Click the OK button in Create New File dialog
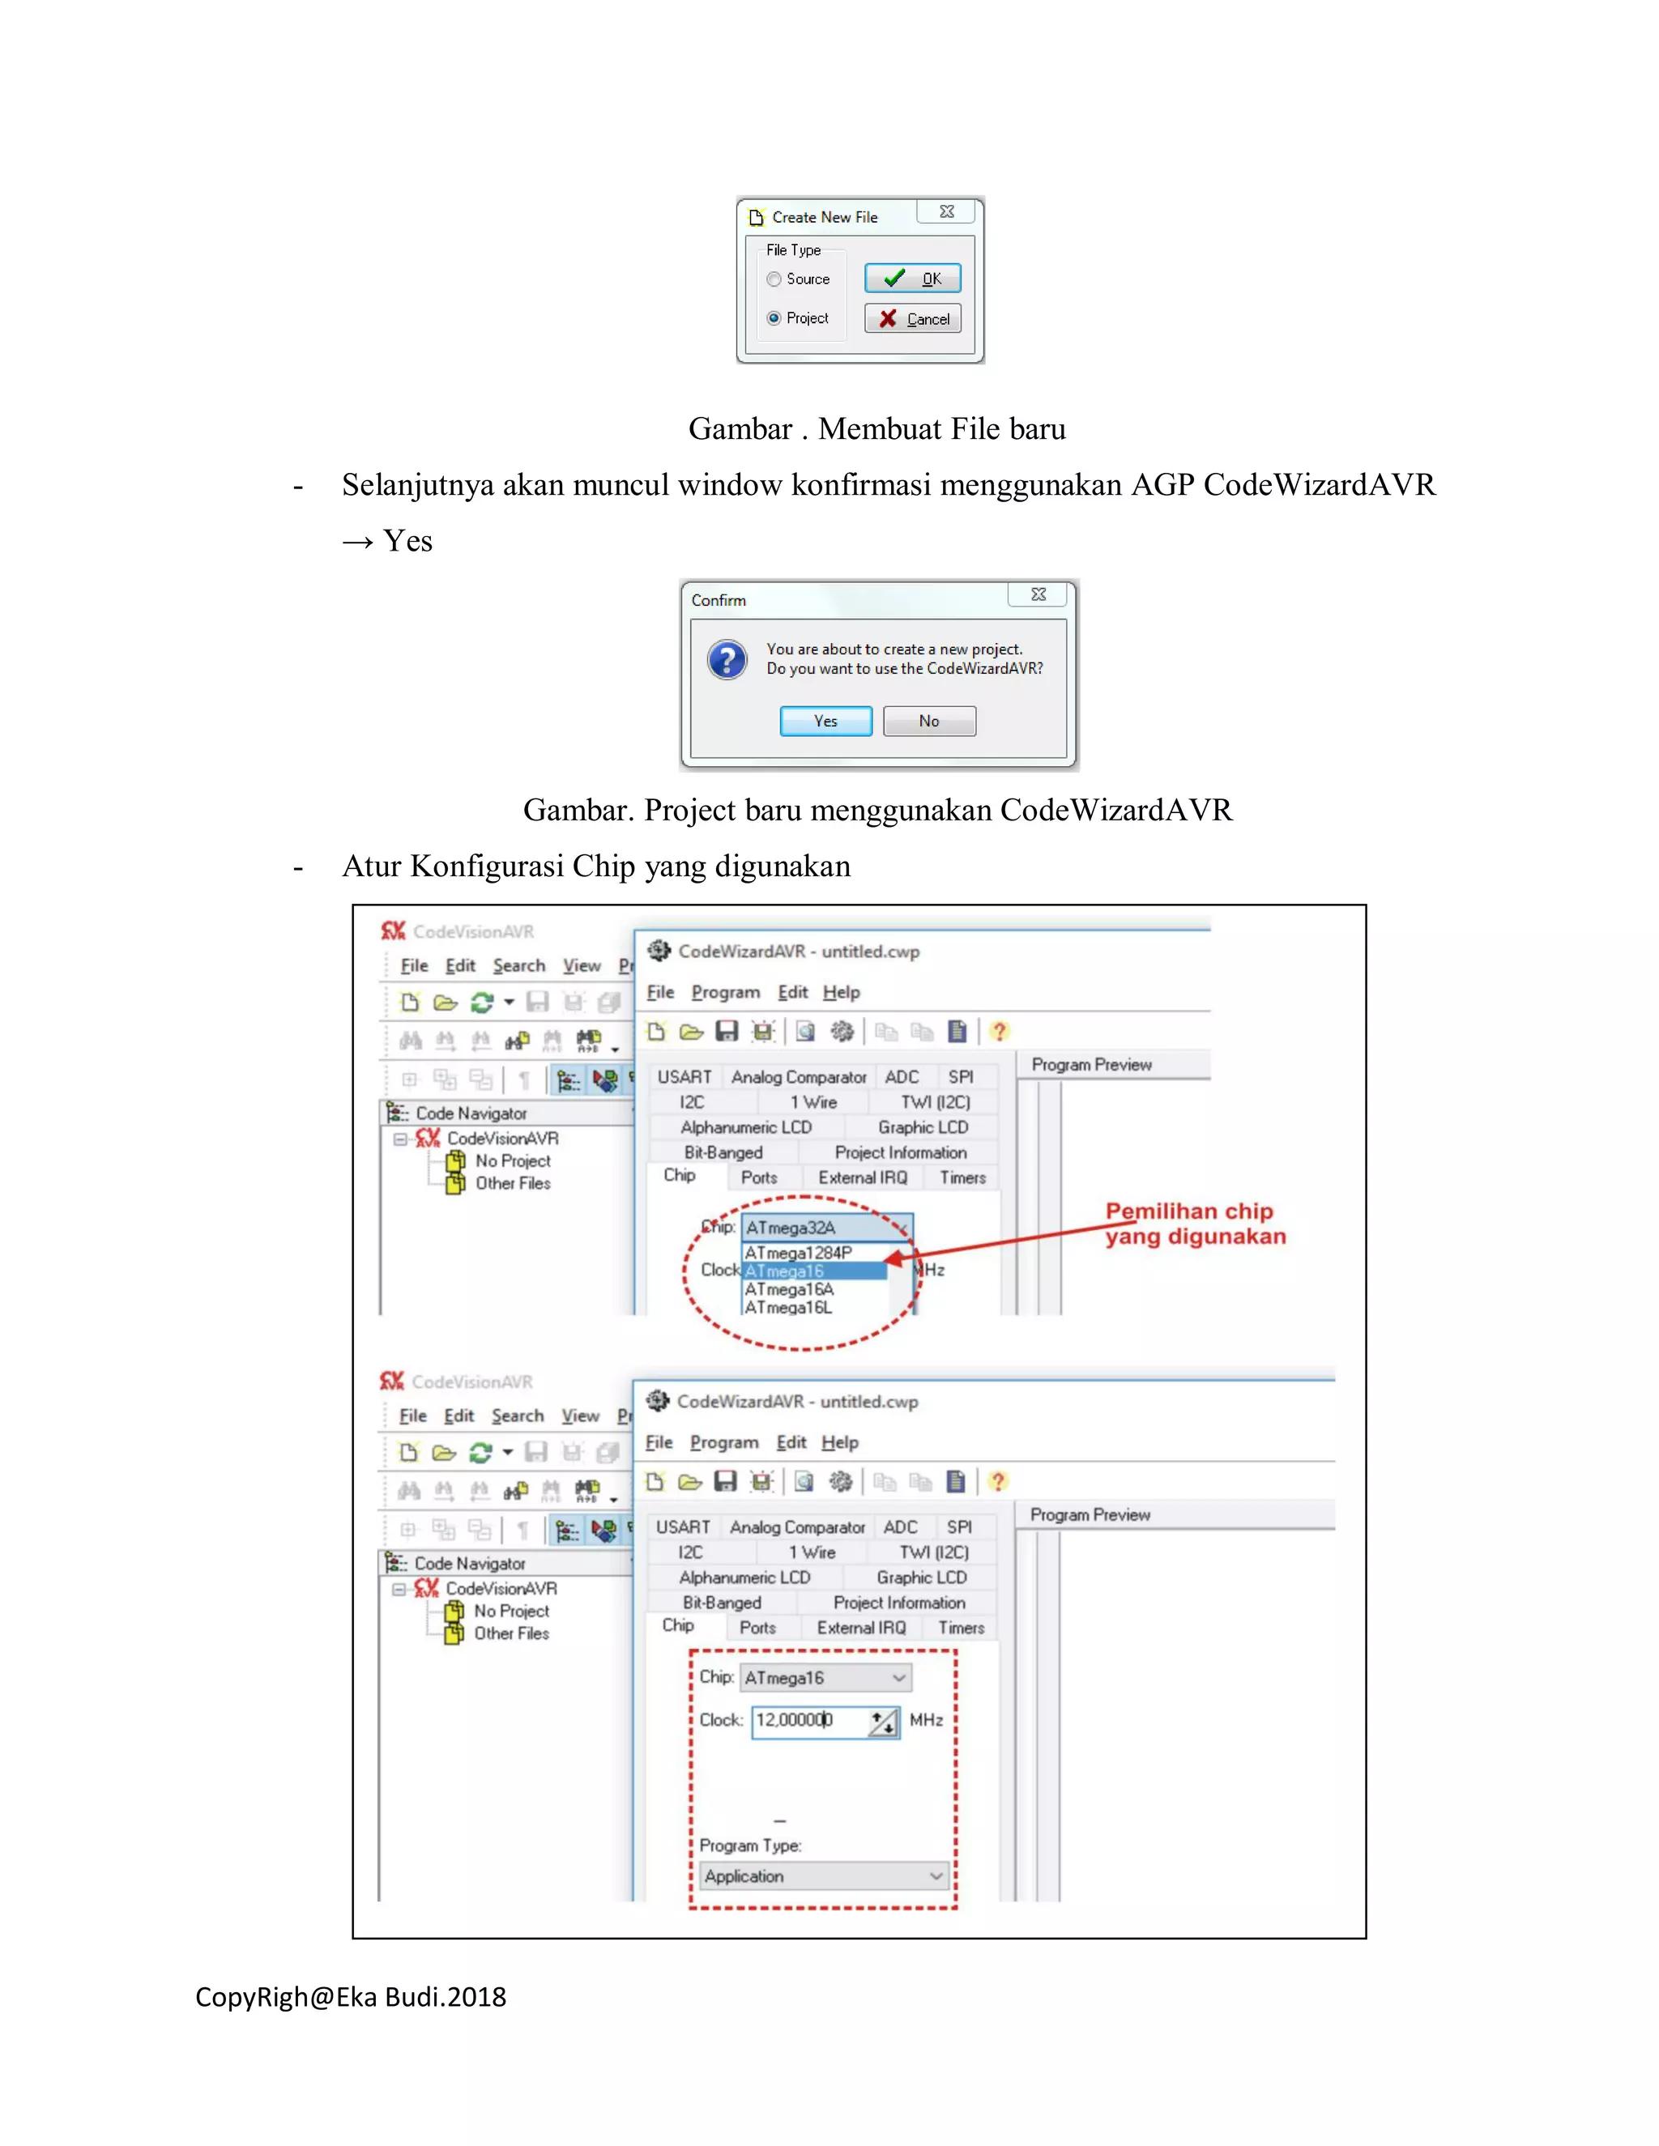pos(912,279)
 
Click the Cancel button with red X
pos(912,318)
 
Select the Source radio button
pos(774,279)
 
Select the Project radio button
pos(774,318)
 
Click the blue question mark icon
pos(727,659)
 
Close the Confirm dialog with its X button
pos(1038,594)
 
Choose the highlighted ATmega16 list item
pos(814,1271)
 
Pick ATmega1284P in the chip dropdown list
pos(798,1253)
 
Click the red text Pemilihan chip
pos(1188,1211)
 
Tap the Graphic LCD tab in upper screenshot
pos(922,1127)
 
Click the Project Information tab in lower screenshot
pos(898,1603)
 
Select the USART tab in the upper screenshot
pos(684,1077)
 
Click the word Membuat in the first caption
pos(879,428)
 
